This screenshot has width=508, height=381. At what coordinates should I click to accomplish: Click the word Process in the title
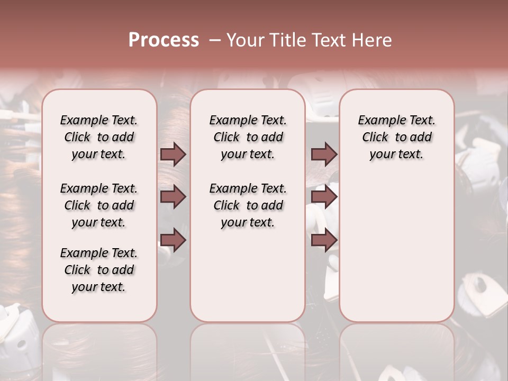(x=164, y=40)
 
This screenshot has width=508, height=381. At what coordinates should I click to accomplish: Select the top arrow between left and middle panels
(x=173, y=154)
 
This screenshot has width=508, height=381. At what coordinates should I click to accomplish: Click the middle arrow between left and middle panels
(x=173, y=197)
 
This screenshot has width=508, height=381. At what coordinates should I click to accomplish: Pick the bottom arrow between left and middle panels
(x=173, y=240)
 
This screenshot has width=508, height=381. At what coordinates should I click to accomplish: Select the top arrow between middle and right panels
(x=324, y=154)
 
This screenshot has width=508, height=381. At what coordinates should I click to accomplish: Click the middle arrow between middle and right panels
(x=324, y=197)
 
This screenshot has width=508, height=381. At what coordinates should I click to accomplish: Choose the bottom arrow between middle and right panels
(x=324, y=240)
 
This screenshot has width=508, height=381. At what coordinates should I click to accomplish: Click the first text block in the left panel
(x=99, y=137)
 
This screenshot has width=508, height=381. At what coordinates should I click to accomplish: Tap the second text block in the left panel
(x=99, y=205)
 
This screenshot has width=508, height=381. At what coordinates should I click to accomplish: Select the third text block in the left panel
(x=99, y=270)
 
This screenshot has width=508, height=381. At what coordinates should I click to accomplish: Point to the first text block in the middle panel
(x=248, y=137)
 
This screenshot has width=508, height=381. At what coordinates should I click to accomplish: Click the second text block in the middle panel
(x=248, y=205)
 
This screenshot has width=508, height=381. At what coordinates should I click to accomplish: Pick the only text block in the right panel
(x=396, y=137)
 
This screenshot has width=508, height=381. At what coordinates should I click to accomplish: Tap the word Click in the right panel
(x=375, y=138)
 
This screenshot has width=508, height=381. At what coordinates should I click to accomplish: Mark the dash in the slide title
(x=214, y=40)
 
